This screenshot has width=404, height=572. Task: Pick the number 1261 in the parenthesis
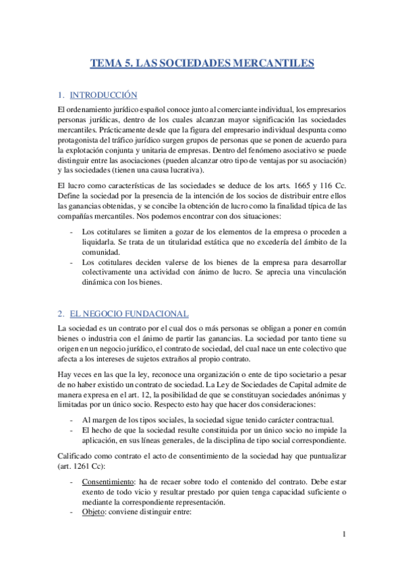(84, 465)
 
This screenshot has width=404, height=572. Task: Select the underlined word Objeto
(95, 511)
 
